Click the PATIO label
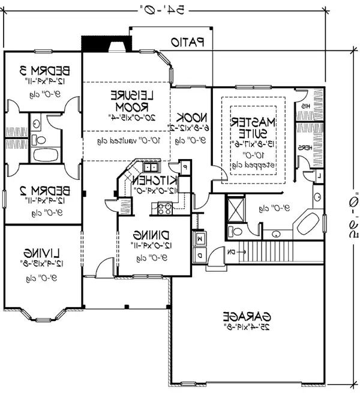tap(188, 43)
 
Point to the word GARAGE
tap(247, 316)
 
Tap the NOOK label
tap(191, 118)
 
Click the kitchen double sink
tap(148, 167)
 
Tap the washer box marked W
tap(200, 239)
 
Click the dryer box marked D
tap(200, 255)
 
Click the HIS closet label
tap(305, 106)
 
